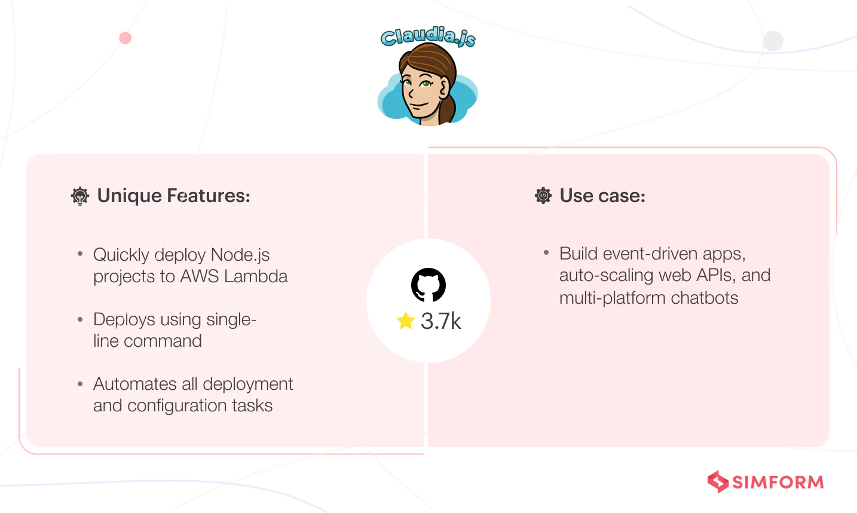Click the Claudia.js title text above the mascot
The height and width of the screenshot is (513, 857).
coord(428,36)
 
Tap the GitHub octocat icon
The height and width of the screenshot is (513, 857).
coord(428,285)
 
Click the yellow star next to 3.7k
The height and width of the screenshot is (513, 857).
coord(406,320)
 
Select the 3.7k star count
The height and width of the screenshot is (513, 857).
coord(440,321)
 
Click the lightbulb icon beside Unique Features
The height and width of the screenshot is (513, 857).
coord(80,196)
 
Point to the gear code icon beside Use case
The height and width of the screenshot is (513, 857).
coord(543,196)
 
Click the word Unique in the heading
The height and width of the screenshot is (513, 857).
coord(129,196)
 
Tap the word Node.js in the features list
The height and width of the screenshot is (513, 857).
coord(240,255)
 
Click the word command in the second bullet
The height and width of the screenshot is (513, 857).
coord(163,341)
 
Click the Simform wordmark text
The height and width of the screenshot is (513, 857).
coord(778,482)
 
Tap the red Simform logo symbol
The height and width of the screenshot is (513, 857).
coord(718,481)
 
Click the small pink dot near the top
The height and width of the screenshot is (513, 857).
coord(125,38)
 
